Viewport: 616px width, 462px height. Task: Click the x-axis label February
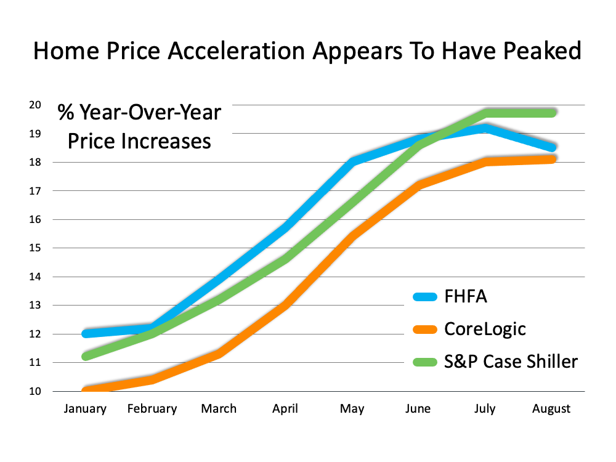tap(152, 409)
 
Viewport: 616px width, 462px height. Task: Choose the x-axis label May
tap(352, 409)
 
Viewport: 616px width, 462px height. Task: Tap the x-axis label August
tap(551, 409)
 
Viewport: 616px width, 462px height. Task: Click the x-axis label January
tap(85, 409)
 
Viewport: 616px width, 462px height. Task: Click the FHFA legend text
tap(466, 296)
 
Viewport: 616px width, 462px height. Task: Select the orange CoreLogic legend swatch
tap(424, 330)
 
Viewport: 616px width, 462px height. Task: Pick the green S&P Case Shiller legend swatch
tap(424, 362)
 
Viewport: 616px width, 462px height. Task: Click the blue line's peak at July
tap(485, 128)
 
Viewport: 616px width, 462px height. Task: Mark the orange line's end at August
tap(553, 160)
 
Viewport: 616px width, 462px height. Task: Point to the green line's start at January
tap(86, 357)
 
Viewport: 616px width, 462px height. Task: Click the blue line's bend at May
tap(352, 162)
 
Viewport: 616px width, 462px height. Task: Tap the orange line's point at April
tap(286, 306)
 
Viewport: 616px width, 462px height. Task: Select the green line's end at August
tap(553, 113)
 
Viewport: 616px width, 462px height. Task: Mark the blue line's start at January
tap(86, 333)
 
